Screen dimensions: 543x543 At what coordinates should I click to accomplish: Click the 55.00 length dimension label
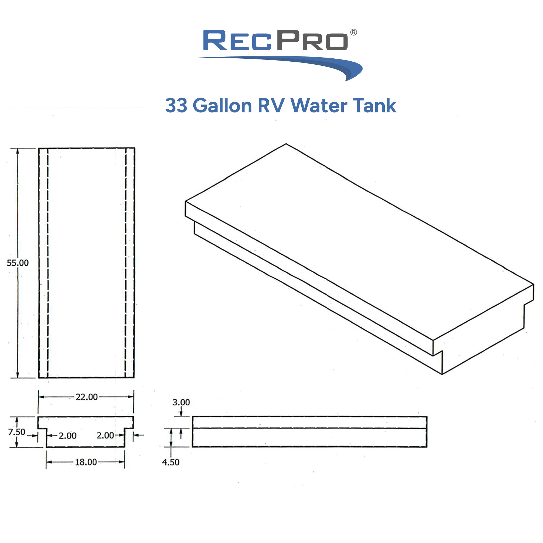[x=18, y=263]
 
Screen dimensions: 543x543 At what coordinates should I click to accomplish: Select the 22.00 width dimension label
[x=87, y=397]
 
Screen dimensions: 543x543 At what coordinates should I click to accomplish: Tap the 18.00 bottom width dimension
[x=86, y=462]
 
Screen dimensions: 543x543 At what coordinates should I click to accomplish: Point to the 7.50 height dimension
[x=17, y=432]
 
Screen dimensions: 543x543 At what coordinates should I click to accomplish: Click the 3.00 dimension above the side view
[x=181, y=402]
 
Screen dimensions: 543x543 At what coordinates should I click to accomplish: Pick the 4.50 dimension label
[x=171, y=462]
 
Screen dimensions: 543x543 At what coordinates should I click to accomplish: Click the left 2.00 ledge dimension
[x=67, y=436]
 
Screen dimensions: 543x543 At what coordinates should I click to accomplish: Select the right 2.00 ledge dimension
[x=105, y=435]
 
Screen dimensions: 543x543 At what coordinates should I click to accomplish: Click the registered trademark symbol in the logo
[x=353, y=32]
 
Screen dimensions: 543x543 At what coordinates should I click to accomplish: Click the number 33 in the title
[x=176, y=106]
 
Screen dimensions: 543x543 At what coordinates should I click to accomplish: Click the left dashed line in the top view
[x=48, y=263]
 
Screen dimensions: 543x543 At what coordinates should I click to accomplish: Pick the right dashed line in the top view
[x=126, y=263]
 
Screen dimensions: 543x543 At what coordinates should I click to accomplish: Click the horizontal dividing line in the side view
[x=309, y=428]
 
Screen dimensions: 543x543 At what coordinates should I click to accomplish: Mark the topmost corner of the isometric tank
[x=286, y=144]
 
